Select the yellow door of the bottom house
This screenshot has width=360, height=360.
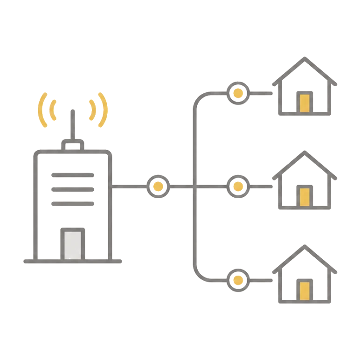(x=305, y=290)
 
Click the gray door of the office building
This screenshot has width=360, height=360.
(x=72, y=244)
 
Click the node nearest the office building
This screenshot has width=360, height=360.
(x=158, y=187)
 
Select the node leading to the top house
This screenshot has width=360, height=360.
(x=238, y=93)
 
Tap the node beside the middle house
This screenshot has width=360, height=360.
(x=238, y=187)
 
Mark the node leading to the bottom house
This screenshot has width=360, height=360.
(x=238, y=280)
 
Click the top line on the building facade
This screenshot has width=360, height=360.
(x=73, y=175)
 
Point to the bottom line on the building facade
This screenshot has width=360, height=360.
(x=73, y=204)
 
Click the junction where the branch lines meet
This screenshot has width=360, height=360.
(x=194, y=187)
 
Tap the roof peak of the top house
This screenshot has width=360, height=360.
(x=305, y=59)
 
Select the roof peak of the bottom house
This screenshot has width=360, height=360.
(x=305, y=246)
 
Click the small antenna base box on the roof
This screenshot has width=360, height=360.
(x=73, y=146)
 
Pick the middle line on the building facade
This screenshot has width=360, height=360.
(x=73, y=190)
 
